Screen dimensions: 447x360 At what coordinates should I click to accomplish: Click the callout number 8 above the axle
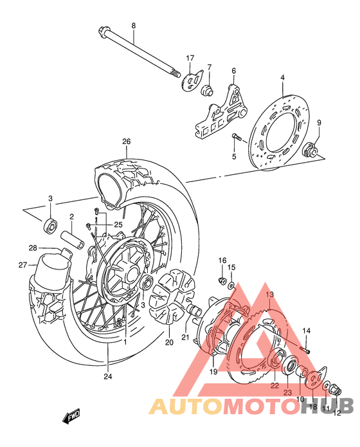134,26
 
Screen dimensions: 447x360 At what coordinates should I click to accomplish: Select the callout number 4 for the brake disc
282,78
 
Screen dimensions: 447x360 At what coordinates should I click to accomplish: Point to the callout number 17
190,59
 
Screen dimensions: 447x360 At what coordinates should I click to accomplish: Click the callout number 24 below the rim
109,377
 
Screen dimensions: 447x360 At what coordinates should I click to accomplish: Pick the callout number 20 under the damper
170,342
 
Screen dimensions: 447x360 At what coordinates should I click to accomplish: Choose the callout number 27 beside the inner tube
23,264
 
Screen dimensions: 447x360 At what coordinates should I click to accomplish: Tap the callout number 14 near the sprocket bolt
307,331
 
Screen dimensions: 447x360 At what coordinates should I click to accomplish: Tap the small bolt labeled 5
237,136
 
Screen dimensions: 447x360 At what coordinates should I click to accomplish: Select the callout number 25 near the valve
118,224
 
